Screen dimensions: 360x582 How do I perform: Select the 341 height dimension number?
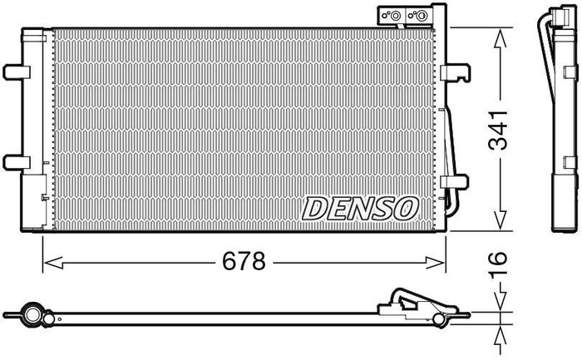pos(498,131)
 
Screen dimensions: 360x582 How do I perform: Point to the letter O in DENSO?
pos(402,209)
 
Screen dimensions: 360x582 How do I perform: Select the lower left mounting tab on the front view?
pos(12,160)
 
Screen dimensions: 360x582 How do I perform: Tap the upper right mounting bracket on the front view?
pos(455,74)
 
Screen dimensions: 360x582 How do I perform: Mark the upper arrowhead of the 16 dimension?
pos(499,304)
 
